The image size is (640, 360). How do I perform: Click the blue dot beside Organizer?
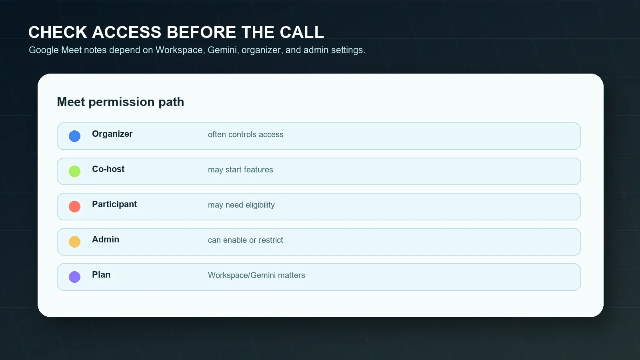[x=74, y=136]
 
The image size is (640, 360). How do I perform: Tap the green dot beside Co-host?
[x=74, y=172]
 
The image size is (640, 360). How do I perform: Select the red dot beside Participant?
[x=74, y=206]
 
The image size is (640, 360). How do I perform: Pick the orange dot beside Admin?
[x=74, y=242]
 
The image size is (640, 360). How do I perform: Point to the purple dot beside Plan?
[x=74, y=277]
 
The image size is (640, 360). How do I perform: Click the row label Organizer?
[x=112, y=134]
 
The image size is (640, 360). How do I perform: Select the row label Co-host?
[x=108, y=169]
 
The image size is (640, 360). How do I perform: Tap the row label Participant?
[x=114, y=204]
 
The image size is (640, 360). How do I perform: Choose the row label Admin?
[x=106, y=240]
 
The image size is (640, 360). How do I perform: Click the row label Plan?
[x=101, y=274]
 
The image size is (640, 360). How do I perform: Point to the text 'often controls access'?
[x=246, y=134]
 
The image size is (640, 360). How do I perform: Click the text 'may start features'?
[x=240, y=170]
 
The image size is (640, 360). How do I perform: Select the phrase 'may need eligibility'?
[x=242, y=205]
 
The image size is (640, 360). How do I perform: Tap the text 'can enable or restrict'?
[x=246, y=240]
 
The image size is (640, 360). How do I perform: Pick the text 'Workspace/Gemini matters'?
[x=256, y=275]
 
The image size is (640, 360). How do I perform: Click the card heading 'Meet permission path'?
[x=120, y=102]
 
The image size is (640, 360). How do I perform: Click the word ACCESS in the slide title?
[x=126, y=32]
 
